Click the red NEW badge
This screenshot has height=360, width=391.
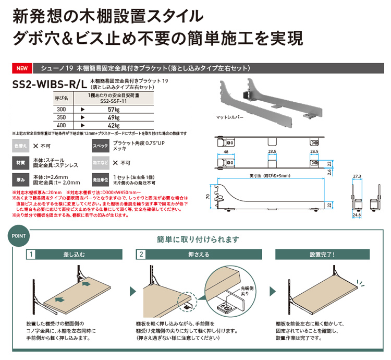pos(22,68)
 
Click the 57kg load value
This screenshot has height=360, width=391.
pos(114,110)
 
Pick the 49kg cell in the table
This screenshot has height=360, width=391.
pos(114,118)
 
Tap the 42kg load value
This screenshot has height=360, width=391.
pos(114,126)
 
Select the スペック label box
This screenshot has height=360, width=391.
pos(100,147)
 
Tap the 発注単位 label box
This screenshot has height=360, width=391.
pos(100,180)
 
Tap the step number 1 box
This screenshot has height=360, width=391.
pos(32,255)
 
